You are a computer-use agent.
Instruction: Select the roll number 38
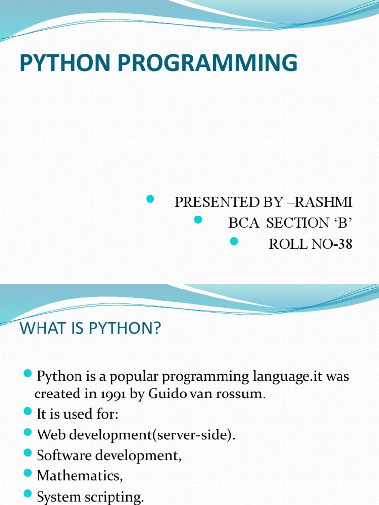tap(345, 245)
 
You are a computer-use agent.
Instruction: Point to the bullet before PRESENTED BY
tap(151, 199)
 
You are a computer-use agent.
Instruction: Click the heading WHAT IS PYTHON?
tap(90, 328)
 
